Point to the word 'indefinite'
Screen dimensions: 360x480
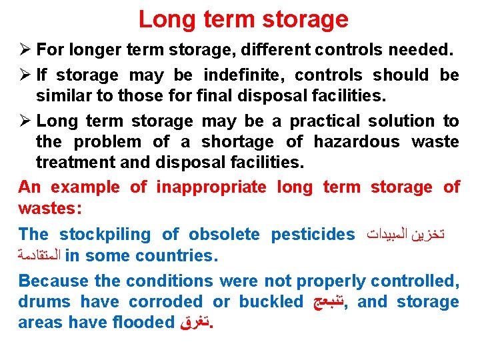pos(244,75)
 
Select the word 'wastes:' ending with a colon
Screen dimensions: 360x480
pos(50,208)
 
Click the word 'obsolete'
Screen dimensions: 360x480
pos(223,234)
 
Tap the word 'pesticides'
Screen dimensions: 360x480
pos(313,234)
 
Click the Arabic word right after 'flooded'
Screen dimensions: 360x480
pos(193,323)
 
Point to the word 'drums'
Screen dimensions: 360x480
pos(43,301)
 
